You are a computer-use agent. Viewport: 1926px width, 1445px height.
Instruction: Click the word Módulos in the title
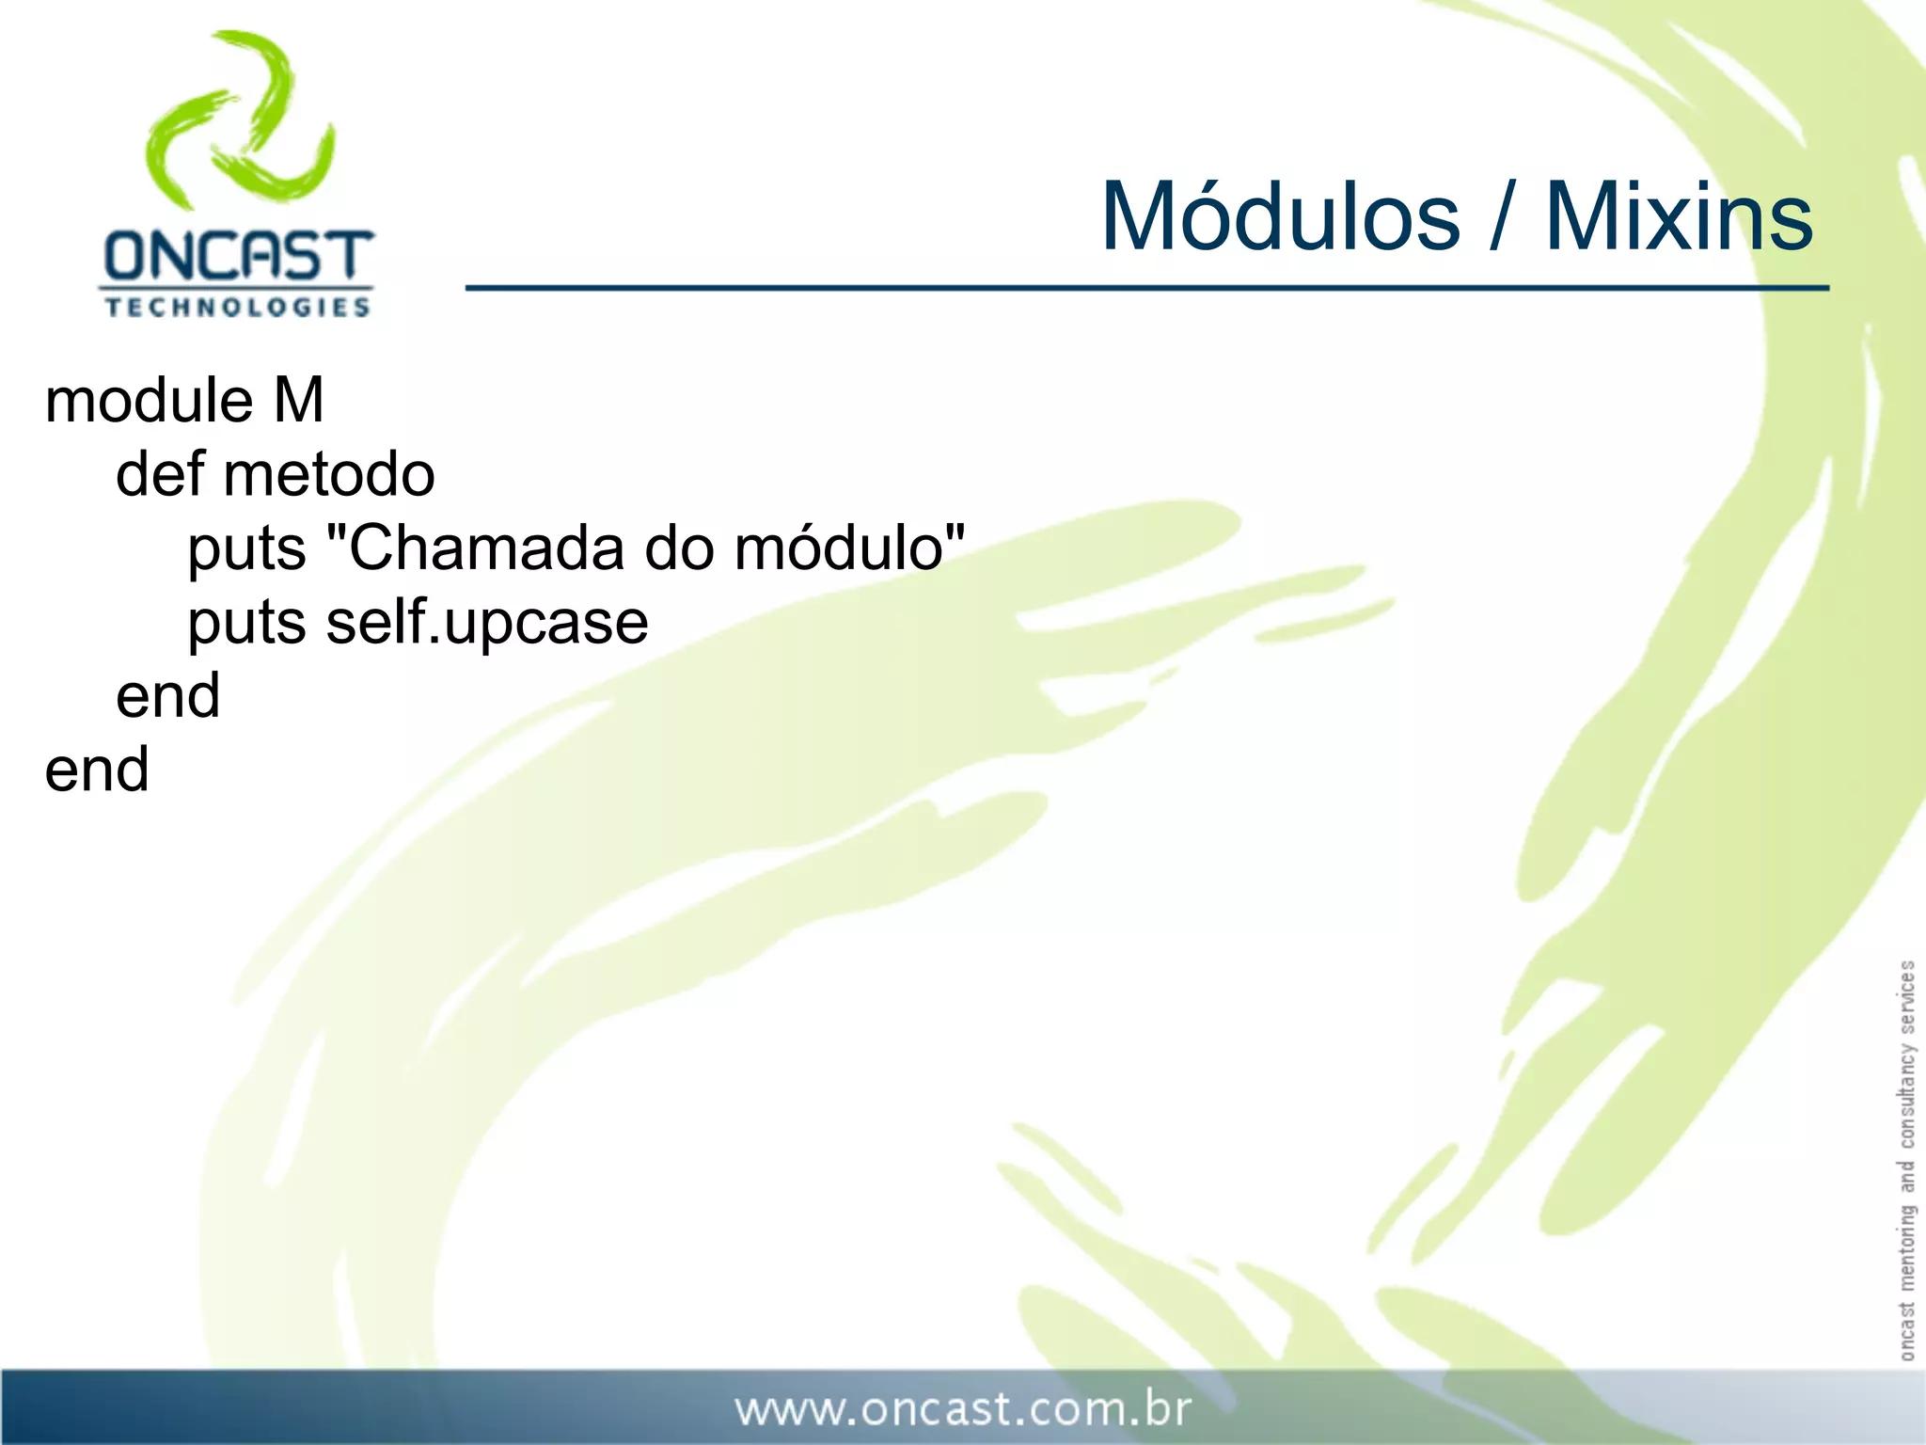[x=1280, y=218]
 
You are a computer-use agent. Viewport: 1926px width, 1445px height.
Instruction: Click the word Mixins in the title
[x=1679, y=218]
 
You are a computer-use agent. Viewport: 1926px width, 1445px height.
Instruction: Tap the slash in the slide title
[x=1503, y=218]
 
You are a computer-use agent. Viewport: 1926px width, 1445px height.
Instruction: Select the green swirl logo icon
[x=241, y=120]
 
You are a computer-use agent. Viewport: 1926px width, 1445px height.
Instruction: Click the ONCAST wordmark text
[x=238, y=257]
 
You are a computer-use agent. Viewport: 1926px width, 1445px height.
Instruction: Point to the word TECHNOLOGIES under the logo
[x=237, y=308]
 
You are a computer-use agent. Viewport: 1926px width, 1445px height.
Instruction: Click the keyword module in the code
[x=149, y=401]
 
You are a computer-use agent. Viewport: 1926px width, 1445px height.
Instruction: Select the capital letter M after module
[x=299, y=401]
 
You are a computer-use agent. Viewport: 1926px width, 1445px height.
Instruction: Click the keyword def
[x=158, y=474]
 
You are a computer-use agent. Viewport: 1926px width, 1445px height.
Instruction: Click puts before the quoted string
[x=246, y=549]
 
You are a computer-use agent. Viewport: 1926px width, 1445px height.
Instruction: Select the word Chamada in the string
[x=486, y=548]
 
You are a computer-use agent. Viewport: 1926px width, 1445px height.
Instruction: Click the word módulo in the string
[x=839, y=548]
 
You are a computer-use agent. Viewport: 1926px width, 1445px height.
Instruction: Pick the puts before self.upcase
[x=246, y=624]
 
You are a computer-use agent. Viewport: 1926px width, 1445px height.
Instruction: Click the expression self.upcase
[x=487, y=624]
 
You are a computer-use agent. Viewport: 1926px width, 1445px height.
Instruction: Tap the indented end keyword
[x=167, y=696]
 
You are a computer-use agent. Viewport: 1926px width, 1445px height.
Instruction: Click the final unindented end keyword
[x=97, y=770]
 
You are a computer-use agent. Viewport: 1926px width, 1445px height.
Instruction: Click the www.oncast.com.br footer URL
[x=963, y=1409]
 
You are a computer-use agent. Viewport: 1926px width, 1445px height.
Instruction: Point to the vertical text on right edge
[x=1906, y=1159]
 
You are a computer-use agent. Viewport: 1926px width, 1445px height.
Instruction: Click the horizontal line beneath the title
[x=1147, y=288]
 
